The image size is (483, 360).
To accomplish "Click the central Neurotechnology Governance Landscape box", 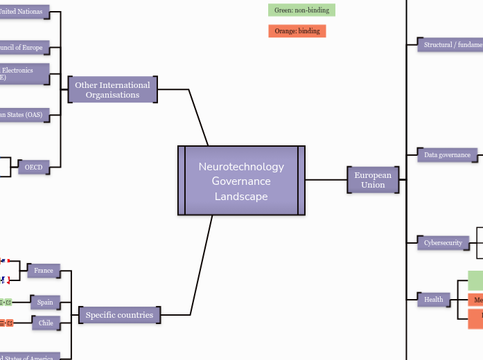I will (241, 181).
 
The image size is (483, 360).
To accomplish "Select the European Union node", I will (373, 180).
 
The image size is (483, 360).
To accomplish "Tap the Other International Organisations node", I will (112, 90).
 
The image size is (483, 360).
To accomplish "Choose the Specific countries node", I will (119, 315).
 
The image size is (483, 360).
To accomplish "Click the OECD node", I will (33, 168).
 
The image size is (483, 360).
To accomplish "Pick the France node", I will (44, 271).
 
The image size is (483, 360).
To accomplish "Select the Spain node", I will (45, 303).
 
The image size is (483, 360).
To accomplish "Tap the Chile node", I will (46, 323).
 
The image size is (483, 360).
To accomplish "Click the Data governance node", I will (447, 155).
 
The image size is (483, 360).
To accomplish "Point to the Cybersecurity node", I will (443, 243).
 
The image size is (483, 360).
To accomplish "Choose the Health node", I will (434, 299).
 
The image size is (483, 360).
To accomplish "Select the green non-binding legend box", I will (301, 10).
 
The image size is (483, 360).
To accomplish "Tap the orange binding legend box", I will (297, 31).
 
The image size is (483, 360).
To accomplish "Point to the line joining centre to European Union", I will (326, 180).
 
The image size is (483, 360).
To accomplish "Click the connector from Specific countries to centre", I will (201, 267).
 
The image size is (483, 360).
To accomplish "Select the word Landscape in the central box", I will (241, 196).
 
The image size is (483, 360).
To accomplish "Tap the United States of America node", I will (28, 357).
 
